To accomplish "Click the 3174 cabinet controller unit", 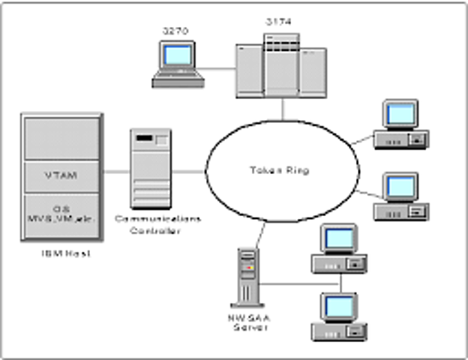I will [281, 67].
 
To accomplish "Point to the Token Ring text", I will [278, 170].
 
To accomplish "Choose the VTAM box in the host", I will [61, 176].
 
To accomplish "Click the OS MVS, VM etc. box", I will [61, 215].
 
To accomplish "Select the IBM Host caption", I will [61, 254].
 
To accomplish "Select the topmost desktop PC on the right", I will [402, 124].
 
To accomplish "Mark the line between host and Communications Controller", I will [115, 172].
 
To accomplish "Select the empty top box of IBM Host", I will [61, 137].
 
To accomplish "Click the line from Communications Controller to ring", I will [189, 172].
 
